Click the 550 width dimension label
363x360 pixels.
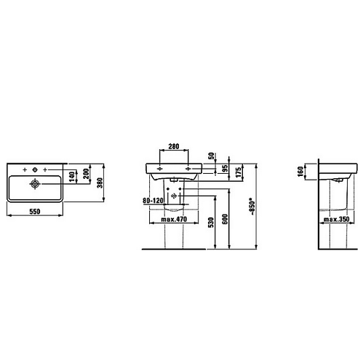35,212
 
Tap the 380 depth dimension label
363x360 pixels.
100,183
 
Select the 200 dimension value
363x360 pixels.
87,174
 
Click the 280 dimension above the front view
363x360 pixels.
174,146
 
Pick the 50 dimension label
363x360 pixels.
212,156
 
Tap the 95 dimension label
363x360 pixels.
226,169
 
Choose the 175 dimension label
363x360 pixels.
239,172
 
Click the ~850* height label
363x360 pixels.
252,207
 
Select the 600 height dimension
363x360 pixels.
226,219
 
